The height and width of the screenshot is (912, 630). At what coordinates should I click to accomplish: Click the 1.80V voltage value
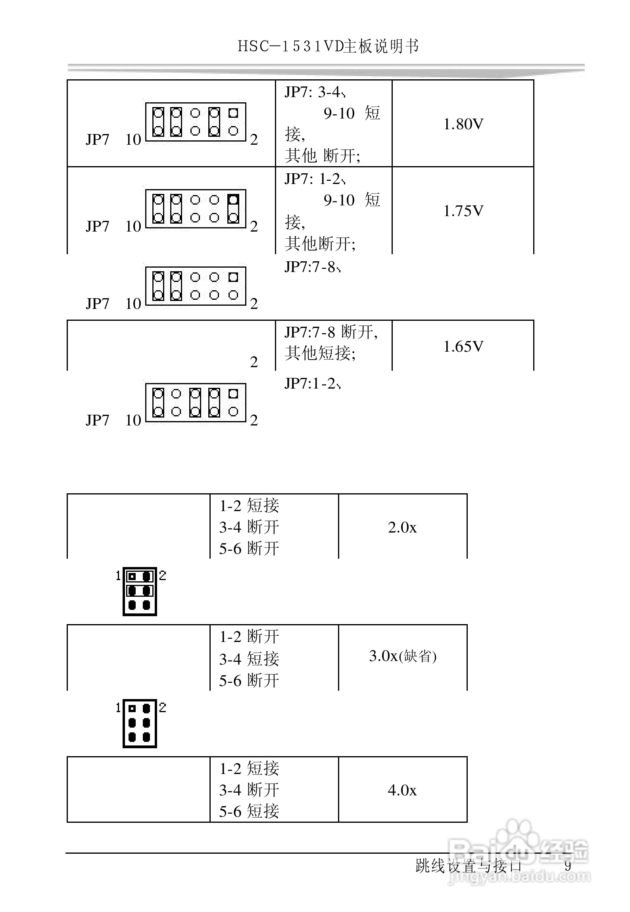tap(463, 124)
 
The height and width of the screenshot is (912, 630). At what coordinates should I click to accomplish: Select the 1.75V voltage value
tap(463, 211)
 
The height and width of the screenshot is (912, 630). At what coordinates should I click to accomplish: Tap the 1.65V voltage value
tap(463, 347)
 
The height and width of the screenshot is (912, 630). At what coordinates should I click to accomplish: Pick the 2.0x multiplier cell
tap(402, 527)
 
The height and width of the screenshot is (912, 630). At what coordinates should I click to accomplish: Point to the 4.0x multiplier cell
tap(402, 790)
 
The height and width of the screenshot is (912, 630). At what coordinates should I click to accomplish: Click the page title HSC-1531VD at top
tap(328, 46)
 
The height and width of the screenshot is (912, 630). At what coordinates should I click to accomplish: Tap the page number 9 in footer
tap(568, 866)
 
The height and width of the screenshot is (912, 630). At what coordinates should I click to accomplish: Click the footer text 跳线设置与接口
tap(468, 866)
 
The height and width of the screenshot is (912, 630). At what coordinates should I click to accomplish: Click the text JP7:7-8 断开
tap(331, 332)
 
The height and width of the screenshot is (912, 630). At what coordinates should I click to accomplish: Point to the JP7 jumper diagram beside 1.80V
tap(196, 122)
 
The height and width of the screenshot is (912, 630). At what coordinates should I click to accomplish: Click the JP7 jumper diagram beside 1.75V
tap(196, 209)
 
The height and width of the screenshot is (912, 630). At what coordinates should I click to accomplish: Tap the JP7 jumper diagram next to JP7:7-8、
tap(196, 286)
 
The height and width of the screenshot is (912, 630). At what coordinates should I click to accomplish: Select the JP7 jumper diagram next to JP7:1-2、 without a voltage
tap(196, 402)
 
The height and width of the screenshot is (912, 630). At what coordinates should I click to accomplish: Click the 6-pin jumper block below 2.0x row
tap(140, 591)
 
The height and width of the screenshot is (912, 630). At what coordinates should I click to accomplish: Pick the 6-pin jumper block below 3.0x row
tap(140, 723)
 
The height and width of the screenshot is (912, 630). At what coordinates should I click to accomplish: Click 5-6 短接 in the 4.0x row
tap(249, 811)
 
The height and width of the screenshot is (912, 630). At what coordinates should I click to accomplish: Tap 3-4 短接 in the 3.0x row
tap(249, 659)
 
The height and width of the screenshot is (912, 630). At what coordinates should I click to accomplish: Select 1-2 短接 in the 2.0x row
tap(249, 506)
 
